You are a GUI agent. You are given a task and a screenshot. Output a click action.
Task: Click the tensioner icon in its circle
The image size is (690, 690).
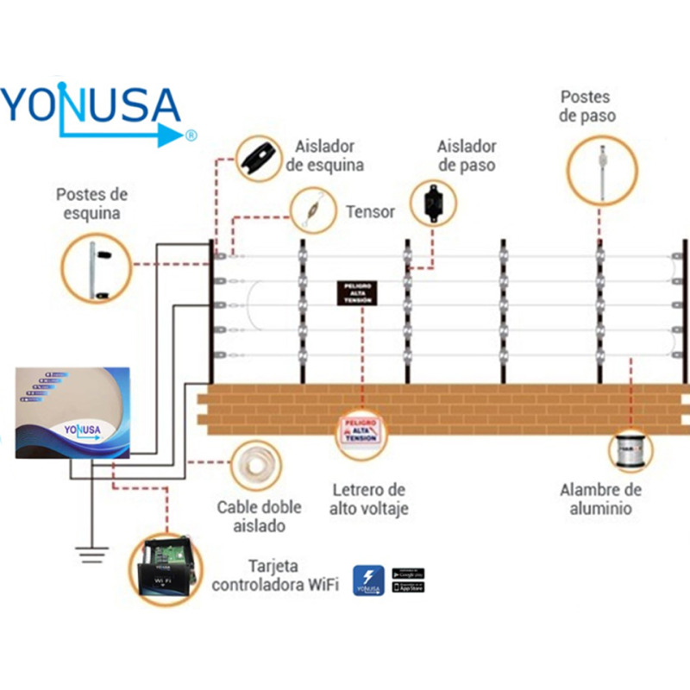click(312, 210)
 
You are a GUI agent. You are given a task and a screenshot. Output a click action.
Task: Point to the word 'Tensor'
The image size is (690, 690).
click(370, 211)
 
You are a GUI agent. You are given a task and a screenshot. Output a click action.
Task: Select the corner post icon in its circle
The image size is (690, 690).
click(97, 268)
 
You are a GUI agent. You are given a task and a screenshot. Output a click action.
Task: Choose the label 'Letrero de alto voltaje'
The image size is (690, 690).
click(367, 499)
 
